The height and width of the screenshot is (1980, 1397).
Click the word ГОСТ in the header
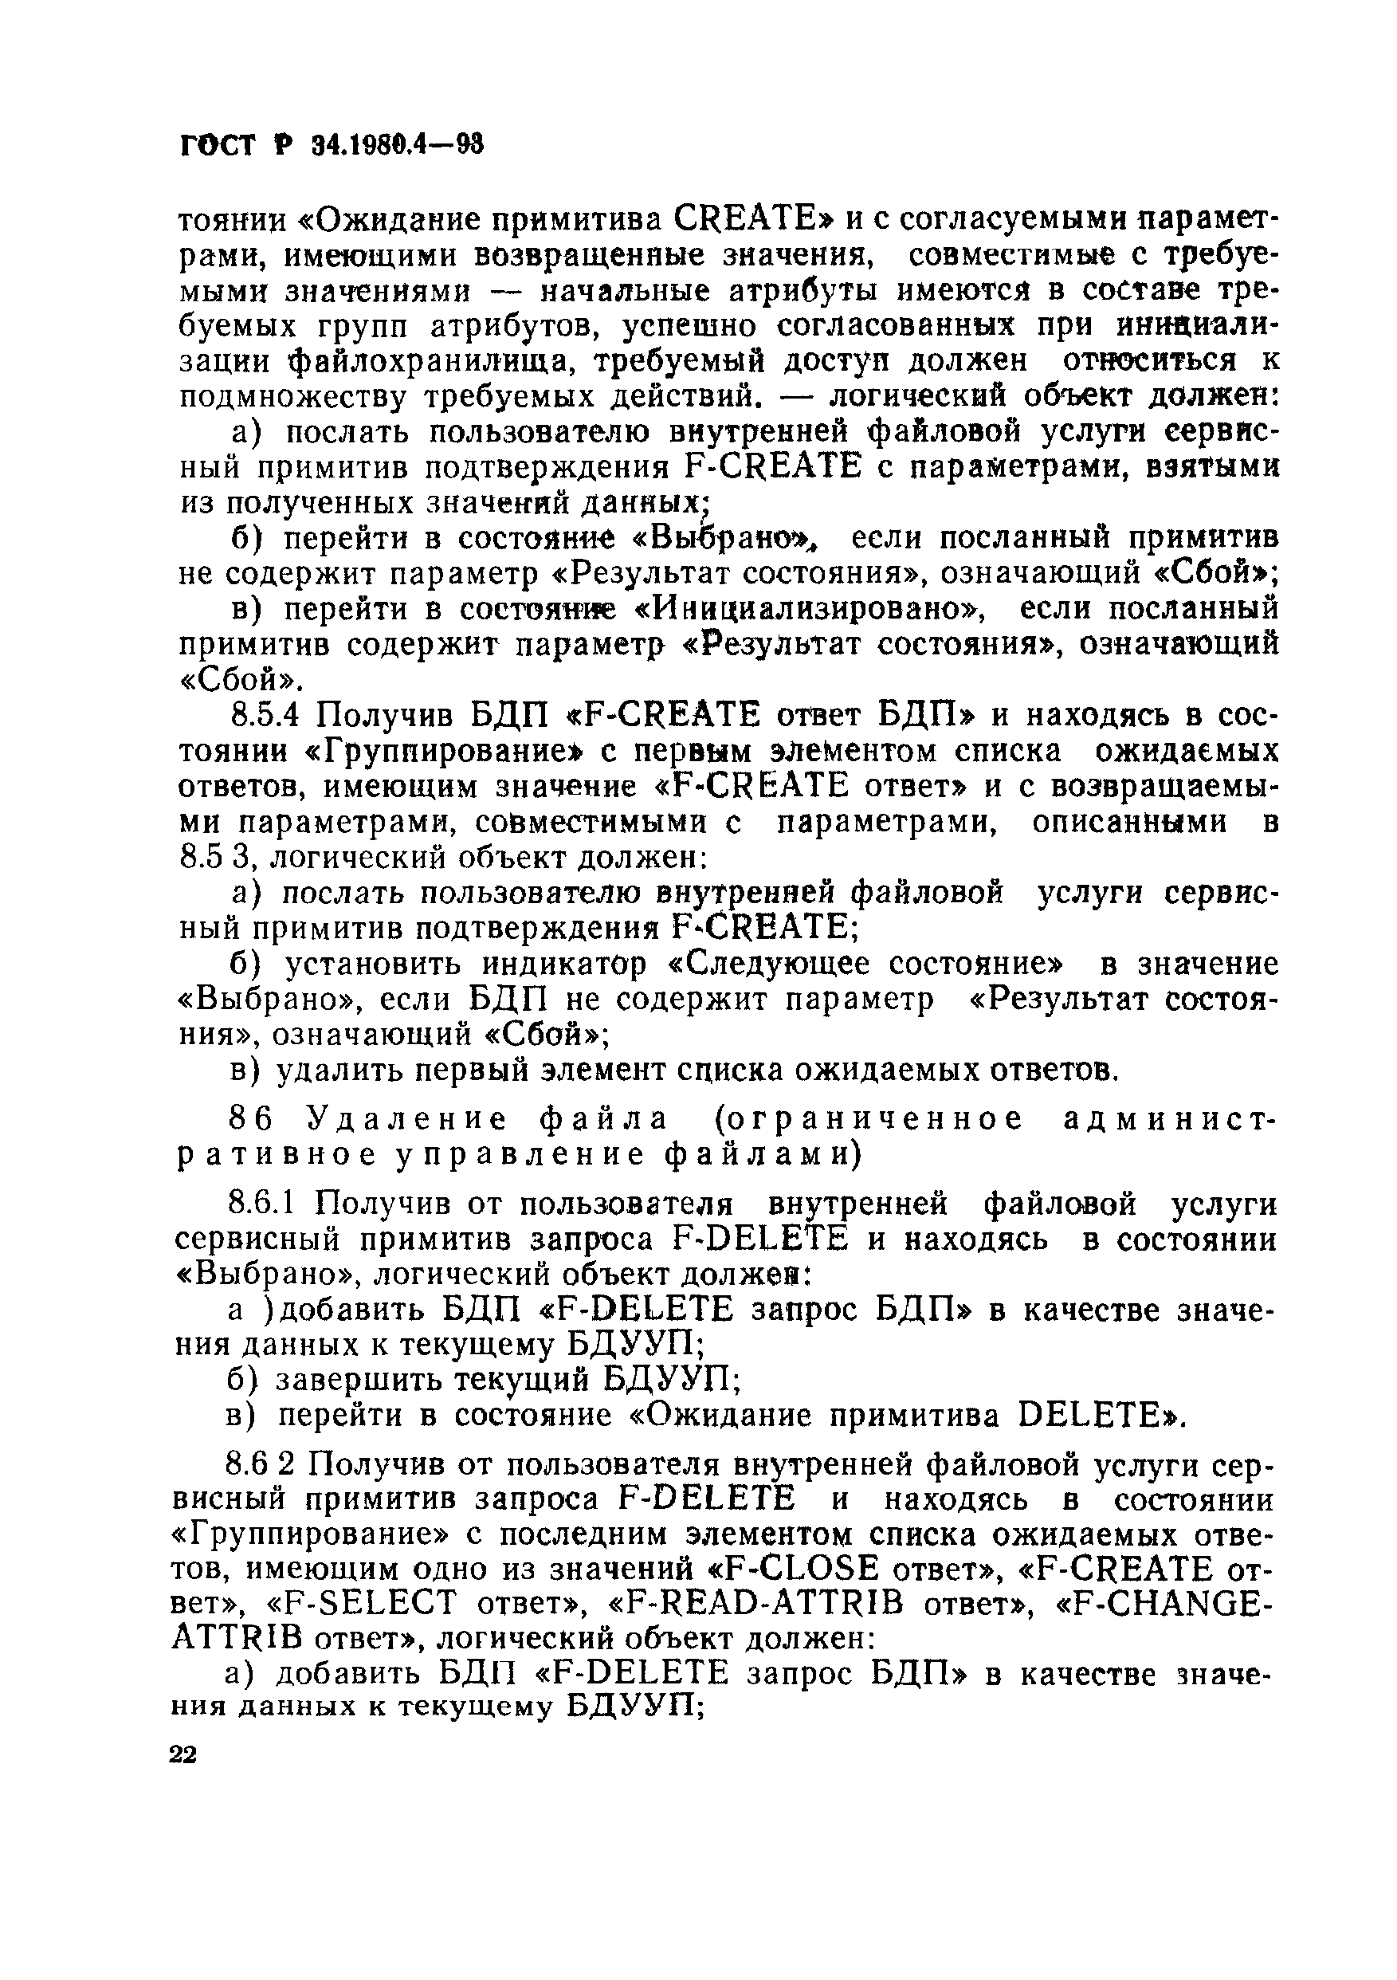coord(219,146)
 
